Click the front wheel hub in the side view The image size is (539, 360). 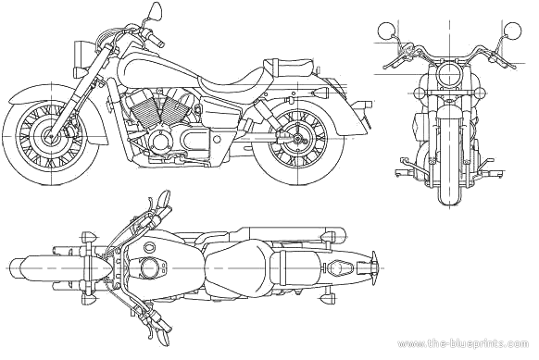51,136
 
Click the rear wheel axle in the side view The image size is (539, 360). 296,139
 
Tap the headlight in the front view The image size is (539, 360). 449,76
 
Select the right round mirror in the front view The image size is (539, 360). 512,31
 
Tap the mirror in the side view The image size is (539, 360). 156,11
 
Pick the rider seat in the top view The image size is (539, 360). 237,267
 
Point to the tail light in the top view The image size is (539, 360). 373,267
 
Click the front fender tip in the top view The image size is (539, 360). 11,267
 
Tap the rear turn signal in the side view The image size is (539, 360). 320,93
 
